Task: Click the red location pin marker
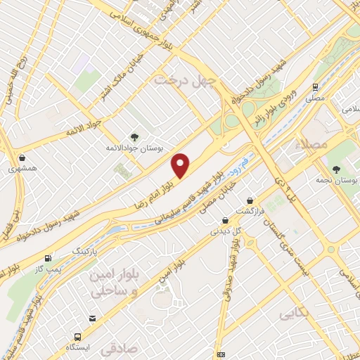coord(181,166)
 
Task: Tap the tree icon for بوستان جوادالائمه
coord(134,137)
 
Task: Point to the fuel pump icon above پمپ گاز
coord(47,258)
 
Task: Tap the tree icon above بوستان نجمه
coord(336,169)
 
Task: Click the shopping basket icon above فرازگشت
coord(250,200)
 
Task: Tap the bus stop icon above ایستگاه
coord(93,318)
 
